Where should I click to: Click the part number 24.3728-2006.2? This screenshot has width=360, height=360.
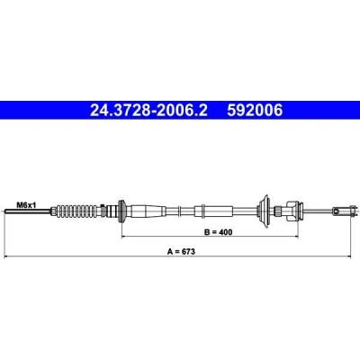[148, 110]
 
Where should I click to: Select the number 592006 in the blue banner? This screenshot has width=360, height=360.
[255, 110]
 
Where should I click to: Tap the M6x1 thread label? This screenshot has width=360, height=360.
[26, 205]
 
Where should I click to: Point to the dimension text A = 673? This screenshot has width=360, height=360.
[181, 252]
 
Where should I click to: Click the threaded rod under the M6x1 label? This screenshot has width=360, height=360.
[28, 211]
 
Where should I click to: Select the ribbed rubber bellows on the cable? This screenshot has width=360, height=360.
[78, 211]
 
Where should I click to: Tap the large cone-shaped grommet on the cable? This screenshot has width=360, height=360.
[265, 211]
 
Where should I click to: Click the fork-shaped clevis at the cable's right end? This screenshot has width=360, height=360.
[345, 211]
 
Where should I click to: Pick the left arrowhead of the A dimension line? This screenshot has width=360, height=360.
[7, 256]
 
